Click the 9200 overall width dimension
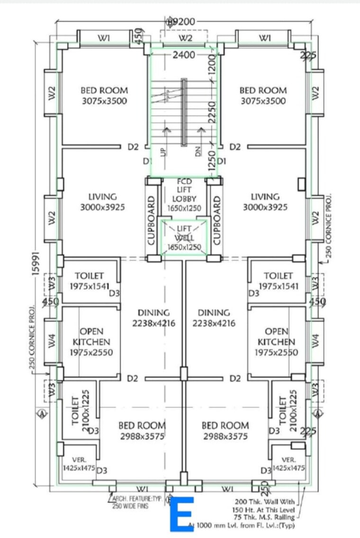click(x=183, y=21)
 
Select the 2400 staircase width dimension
click(x=184, y=55)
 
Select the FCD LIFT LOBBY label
click(x=184, y=194)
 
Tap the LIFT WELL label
click(x=184, y=233)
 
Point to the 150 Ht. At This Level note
click(x=264, y=509)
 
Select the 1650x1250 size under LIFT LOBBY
click(x=184, y=208)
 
